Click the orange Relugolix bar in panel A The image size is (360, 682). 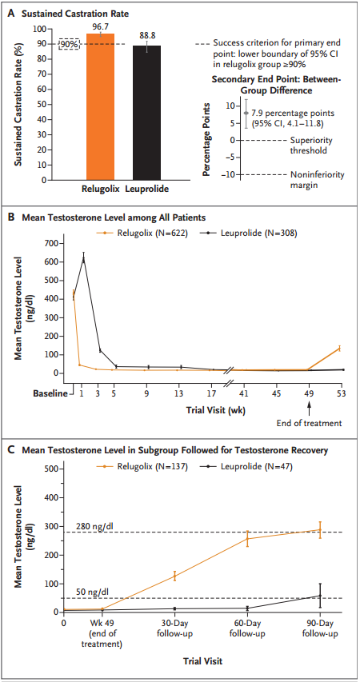pos(100,106)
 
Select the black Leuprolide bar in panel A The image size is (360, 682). pos(146,113)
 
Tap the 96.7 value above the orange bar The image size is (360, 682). pos(100,26)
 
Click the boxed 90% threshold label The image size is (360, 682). pos(70,43)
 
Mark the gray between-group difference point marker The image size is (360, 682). pos(246,113)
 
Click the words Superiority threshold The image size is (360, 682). pos(311,145)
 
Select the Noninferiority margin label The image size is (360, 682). pos(317,179)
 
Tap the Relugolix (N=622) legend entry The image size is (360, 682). pos(142,233)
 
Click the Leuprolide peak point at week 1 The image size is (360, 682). pos(83,260)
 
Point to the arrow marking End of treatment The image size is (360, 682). pos(309,408)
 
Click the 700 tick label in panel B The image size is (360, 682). pos(52,243)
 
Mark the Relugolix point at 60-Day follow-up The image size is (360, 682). pos(247,538)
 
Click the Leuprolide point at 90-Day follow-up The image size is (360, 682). pos(320,596)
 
